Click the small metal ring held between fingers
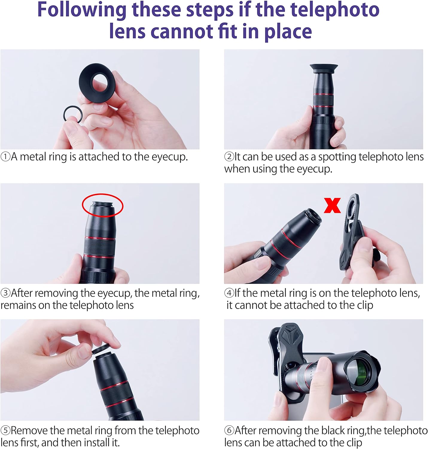[x=73, y=114]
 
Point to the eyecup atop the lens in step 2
[x=324, y=68]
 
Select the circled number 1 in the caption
[x=5, y=157]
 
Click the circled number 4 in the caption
[x=229, y=293]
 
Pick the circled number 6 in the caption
[x=229, y=431]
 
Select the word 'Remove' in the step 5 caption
[x=29, y=431]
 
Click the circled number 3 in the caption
[x=5, y=293]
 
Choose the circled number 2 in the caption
[x=229, y=157]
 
